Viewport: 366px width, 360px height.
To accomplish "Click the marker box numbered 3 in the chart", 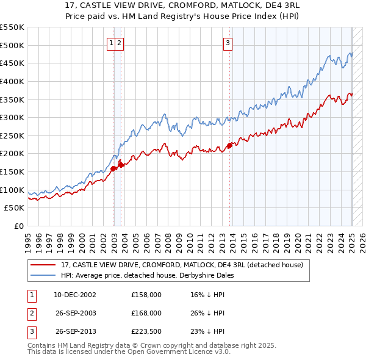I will (228, 43).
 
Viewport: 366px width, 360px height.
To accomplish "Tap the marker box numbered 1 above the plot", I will (112, 43).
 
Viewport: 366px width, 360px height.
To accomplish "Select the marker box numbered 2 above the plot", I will (120, 43).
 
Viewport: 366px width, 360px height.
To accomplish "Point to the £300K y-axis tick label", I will (12, 117).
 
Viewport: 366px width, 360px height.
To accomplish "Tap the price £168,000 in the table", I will (146, 313).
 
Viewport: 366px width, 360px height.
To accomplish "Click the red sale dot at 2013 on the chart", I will (230, 145).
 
